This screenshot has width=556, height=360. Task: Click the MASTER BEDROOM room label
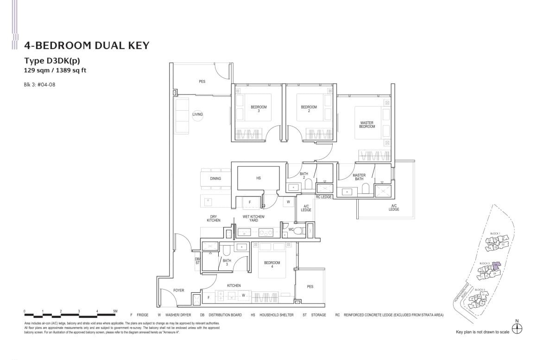[x=367, y=125]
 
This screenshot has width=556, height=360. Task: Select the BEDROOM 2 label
[x=309, y=109]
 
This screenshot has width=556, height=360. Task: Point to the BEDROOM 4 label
[x=272, y=265]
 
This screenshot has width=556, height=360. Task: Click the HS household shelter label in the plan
[x=259, y=178]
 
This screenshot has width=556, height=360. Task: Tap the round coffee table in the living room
[x=198, y=114]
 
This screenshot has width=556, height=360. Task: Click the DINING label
[x=215, y=178]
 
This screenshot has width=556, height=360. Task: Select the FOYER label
[x=178, y=291]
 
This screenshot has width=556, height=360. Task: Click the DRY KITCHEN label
[x=214, y=218]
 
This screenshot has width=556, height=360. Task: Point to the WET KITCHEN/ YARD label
[x=253, y=218]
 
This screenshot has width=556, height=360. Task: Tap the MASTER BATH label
[x=359, y=177]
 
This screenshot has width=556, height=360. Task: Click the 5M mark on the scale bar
[x=115, y=311]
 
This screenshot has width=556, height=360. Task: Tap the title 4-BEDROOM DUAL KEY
[x=87, y=45]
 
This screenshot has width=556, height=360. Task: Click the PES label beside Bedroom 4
[x=310, y=287]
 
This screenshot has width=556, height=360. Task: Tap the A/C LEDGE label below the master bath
[x=394, y=207]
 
